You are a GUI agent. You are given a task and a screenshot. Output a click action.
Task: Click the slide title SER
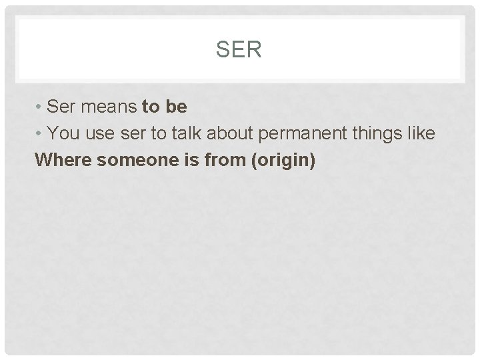click(x=239, y=49)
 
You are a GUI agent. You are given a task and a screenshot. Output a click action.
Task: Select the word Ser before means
click(x=63, y=107)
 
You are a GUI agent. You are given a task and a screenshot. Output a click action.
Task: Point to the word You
click(x=65, y=133)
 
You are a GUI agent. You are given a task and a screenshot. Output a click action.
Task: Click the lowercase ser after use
click(x=131, y=133)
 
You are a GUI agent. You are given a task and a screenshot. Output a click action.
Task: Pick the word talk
click(x=182, y=133)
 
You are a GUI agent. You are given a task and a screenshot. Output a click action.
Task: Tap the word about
click(x=227, y=133)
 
